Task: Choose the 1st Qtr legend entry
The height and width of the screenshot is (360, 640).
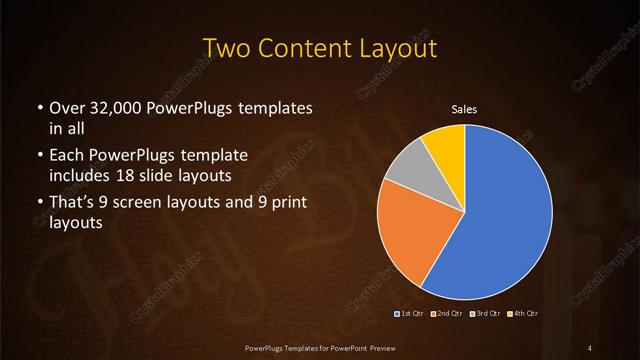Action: [x=410, y=316]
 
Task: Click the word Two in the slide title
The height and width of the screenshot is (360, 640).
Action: [x=227, y=48]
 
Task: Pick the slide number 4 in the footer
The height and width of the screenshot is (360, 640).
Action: [x=590, y=347]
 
